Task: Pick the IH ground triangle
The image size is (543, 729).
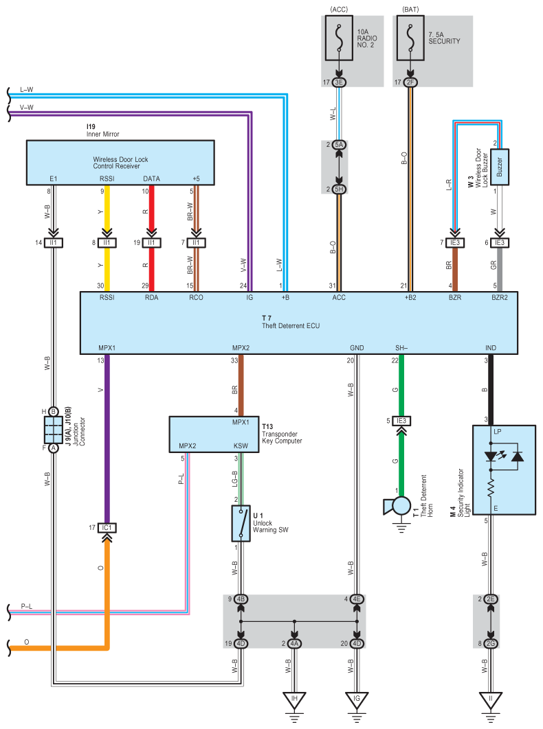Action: (295, 700)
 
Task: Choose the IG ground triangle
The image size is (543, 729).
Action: (356, 700)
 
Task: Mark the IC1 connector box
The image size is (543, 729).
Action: (106, 528)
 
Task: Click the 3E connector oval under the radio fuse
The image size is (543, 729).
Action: (339, 83)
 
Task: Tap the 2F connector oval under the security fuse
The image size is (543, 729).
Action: (410, 83)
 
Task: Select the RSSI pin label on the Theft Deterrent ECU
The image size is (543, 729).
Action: (106, 299)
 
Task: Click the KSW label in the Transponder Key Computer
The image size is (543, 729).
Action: (240, 446)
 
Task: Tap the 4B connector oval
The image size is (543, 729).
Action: (241, 599)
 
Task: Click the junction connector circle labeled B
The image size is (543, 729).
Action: (53, 411)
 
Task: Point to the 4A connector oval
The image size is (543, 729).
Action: (295, 643)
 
